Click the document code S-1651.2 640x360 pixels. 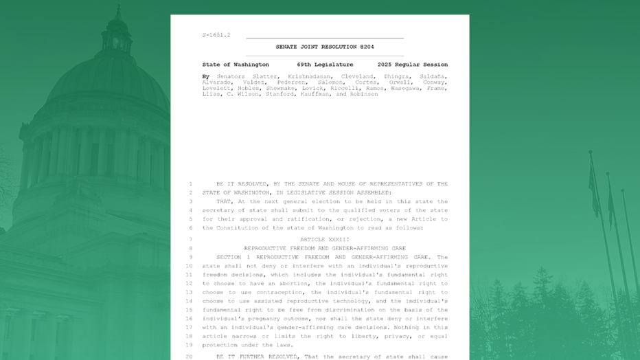(216, 34)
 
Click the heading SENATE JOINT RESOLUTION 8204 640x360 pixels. (325, 47)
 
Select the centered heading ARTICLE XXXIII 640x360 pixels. (325, 240)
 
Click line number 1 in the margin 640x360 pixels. (190, 184)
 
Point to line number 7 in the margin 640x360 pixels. (190, 240)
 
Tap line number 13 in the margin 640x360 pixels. (189, 292)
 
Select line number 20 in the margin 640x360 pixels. (189, 357)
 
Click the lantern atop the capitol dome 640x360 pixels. (117, 27)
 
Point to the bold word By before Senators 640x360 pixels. (206, 76)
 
